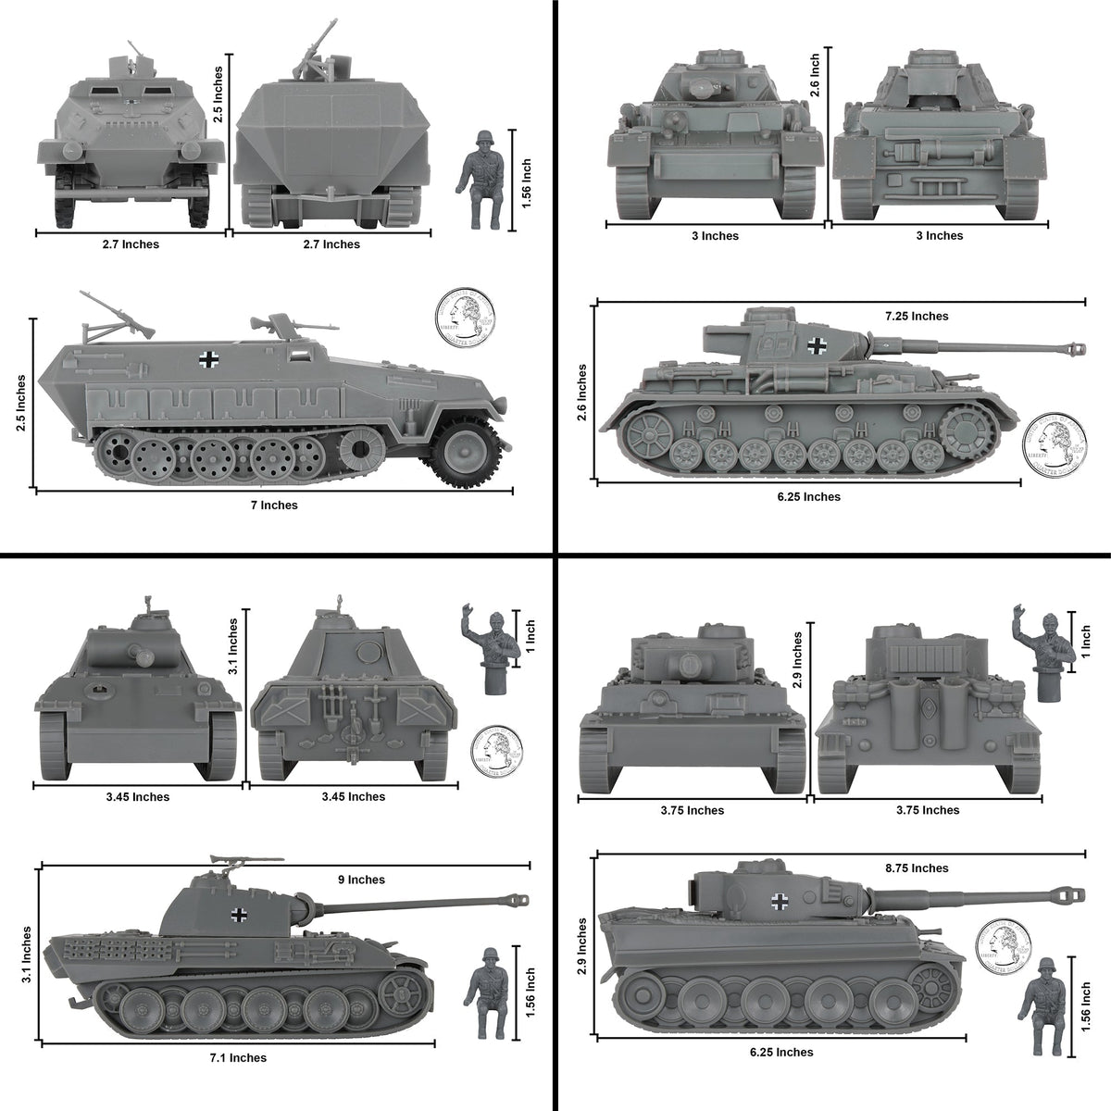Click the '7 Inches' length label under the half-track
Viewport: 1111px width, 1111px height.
click(x=274, y=506)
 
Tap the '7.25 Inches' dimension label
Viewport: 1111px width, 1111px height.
click(x=917, y=316)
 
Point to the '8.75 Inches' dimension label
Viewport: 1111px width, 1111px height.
click(x=917, y=868)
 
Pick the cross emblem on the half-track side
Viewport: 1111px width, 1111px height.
click(x=208, y=360)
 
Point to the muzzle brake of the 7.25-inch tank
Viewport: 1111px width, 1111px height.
click(x=1075, y=349)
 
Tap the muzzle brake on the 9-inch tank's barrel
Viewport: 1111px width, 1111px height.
click(x=518, y=899)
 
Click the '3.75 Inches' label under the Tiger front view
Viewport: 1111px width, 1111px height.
click(x=692, y=810)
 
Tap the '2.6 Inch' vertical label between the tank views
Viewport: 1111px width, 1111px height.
click(x=815, y=76)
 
